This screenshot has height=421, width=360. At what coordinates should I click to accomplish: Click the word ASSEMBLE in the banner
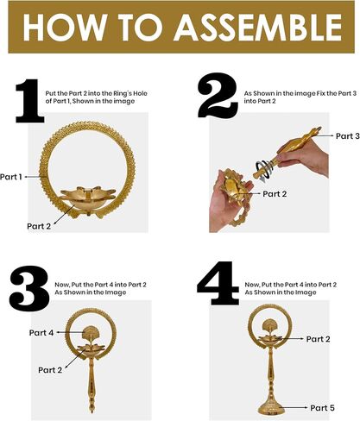[257, 27]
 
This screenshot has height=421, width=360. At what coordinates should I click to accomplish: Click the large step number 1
[29, 101]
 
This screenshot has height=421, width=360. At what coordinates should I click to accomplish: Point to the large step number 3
[29, 286]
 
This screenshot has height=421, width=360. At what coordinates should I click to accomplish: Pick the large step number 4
[218, 283]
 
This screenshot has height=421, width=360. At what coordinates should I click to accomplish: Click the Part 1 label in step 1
[11, 177]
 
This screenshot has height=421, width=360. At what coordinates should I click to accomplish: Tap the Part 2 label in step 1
[39, 226]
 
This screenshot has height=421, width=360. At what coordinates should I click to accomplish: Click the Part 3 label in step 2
[348, 136]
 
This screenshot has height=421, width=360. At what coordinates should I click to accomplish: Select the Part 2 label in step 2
[275, 194]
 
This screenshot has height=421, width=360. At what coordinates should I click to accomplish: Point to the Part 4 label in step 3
[41, 333]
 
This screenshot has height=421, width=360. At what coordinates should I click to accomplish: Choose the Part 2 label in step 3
[50, 370]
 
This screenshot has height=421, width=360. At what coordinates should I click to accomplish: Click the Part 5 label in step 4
[322, 408]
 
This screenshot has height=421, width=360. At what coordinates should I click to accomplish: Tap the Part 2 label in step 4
[318, 339]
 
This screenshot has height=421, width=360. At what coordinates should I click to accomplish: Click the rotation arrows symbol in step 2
[264, 171]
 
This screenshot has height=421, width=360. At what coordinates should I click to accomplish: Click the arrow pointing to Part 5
[295, 407]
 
